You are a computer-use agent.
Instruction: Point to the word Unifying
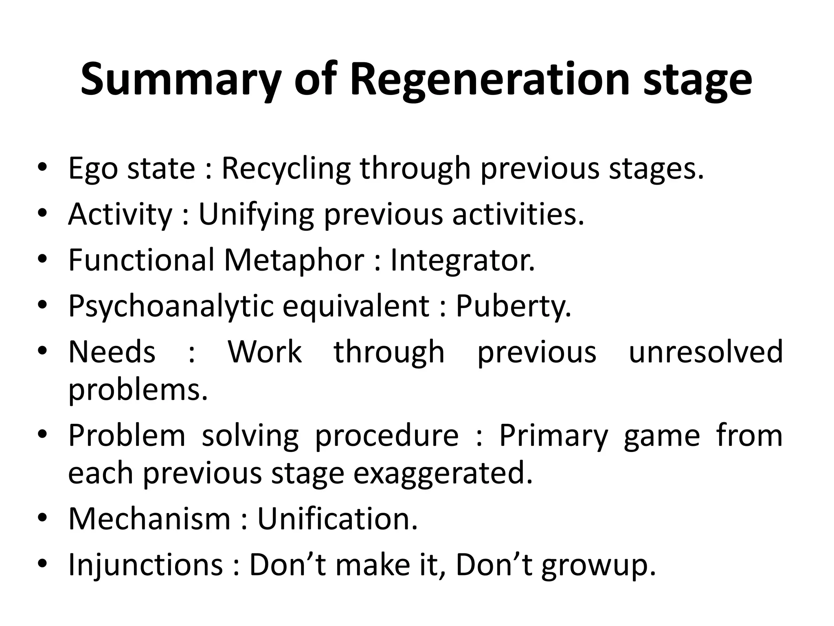click(256, 214)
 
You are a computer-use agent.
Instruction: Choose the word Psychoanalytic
click(171, 306)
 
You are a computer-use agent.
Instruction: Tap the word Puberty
click(513, 306)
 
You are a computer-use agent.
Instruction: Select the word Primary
click(553, 436)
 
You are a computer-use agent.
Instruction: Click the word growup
click(598, 566)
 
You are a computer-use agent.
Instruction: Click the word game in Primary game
click(662, 436)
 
